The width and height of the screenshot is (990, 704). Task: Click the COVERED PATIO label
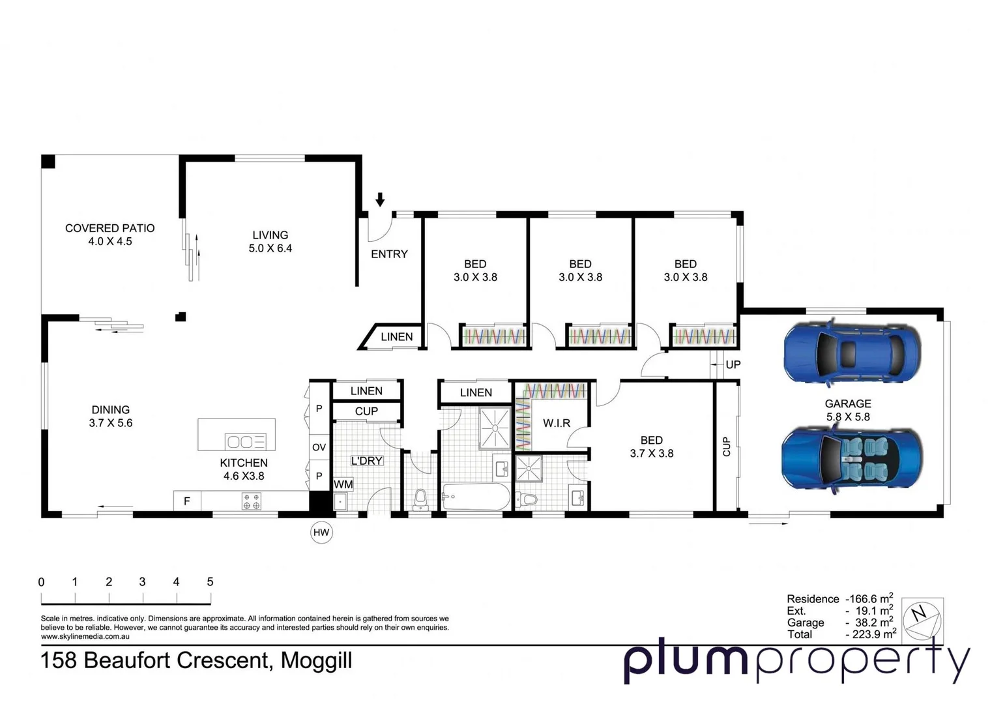pos(109,229)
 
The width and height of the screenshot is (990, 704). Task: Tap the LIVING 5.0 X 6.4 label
pos(270,241)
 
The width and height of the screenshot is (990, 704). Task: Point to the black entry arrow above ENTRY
pos(380,199)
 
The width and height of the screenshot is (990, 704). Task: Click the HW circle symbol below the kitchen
pos(321,533)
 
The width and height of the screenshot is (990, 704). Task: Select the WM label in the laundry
pos(343,484)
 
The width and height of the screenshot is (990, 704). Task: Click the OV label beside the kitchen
pos(319,447)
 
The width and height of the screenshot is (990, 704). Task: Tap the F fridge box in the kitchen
pos(187,501)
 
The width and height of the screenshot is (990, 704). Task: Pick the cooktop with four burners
pos(252,501)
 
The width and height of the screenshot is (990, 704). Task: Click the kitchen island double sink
pos(245,442)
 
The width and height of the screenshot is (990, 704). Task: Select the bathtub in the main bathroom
pos(476,499)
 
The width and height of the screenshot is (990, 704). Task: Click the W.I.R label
pos(557,423)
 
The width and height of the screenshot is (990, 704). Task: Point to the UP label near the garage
pos(733,364)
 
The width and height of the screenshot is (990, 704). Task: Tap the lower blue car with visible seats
pos(851,458)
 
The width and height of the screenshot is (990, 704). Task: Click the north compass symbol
pos(922,617)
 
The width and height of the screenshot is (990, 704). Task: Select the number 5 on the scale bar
pos(210,581)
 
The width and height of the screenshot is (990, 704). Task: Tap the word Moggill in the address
pos(316,660)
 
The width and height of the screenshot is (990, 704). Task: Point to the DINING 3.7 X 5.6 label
pos(110,416)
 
